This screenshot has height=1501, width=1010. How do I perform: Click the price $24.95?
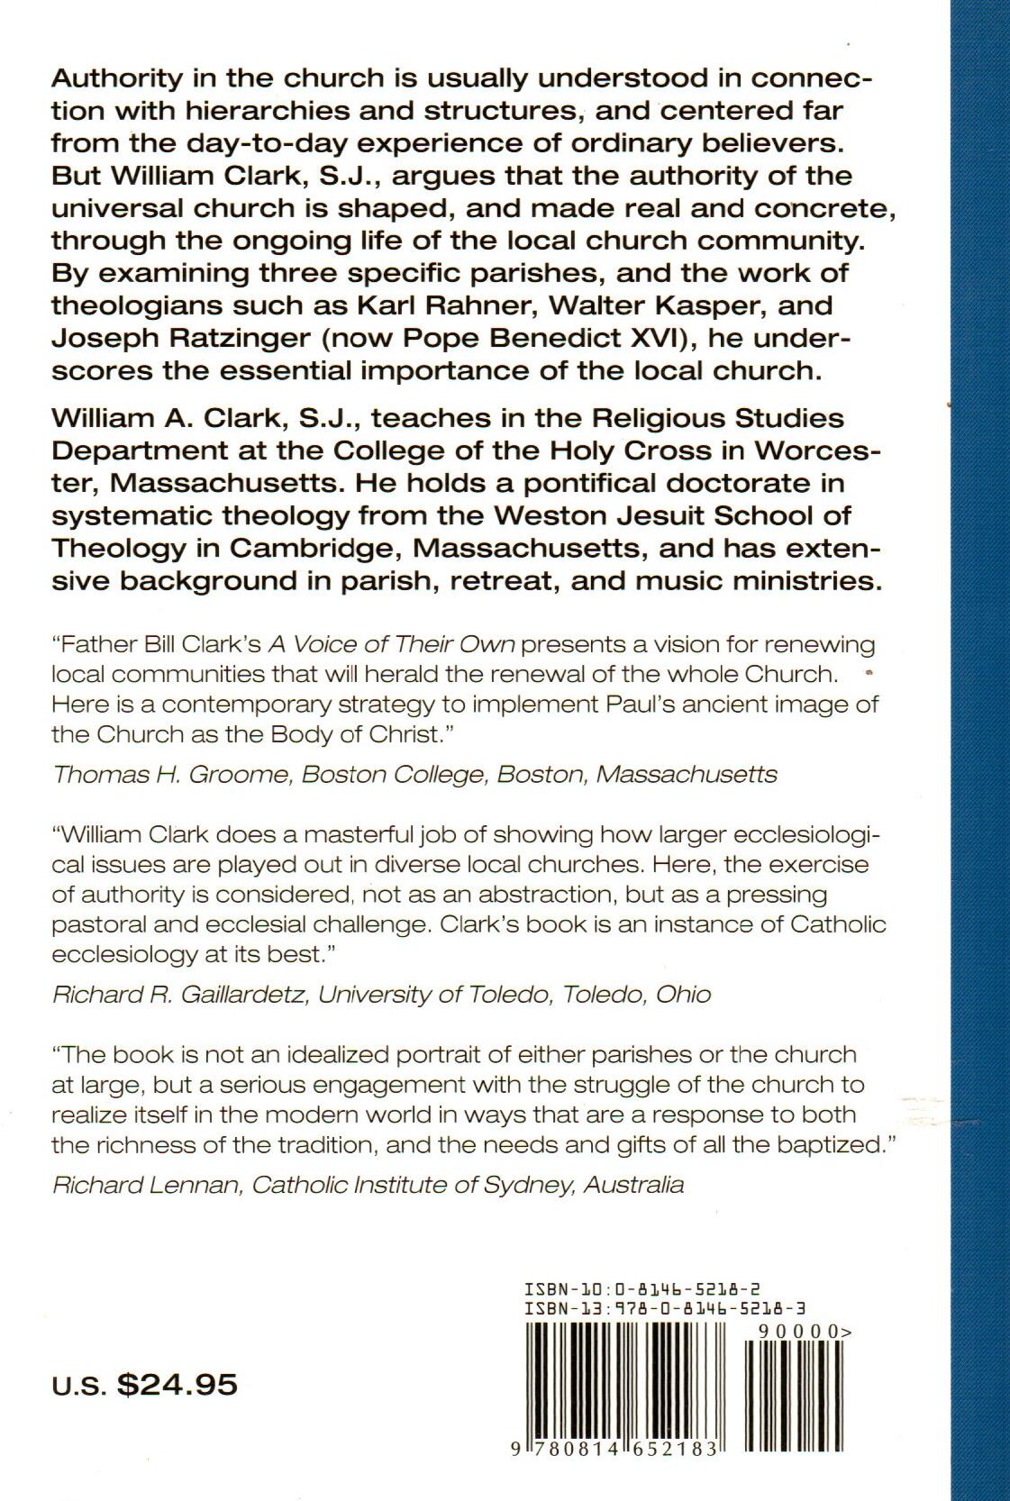coord(177,1384)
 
